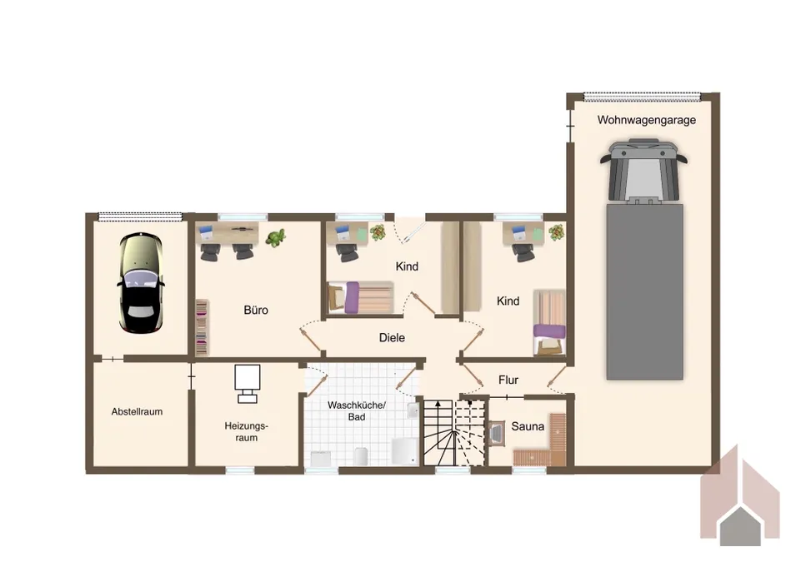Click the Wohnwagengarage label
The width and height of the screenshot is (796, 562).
click(646, 120)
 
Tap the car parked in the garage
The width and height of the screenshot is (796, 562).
click(141, 282)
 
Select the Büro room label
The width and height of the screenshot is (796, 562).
click(256, 310)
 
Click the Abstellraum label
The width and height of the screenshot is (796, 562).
click(137, 412)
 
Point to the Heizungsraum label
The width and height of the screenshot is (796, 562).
click(246, 431)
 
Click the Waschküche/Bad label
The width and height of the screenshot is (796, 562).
click(357, 410)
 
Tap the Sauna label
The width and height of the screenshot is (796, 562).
click(528, 426)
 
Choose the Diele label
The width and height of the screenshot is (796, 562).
click(392, 337)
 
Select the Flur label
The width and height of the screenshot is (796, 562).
click(508, 380)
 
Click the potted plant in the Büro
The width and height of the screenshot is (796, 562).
click(276, 236)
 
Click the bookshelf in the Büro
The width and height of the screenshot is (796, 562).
click(202, 327)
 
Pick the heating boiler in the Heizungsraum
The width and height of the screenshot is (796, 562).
click(248, 384)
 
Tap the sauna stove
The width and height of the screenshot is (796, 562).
click(497, 433)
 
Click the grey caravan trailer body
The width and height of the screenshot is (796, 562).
click(645, 291)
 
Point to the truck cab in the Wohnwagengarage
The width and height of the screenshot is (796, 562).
click(643, 171)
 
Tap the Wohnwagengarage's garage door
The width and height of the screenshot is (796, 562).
click(642, 96)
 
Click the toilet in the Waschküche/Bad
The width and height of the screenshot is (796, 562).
click(360, 455)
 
